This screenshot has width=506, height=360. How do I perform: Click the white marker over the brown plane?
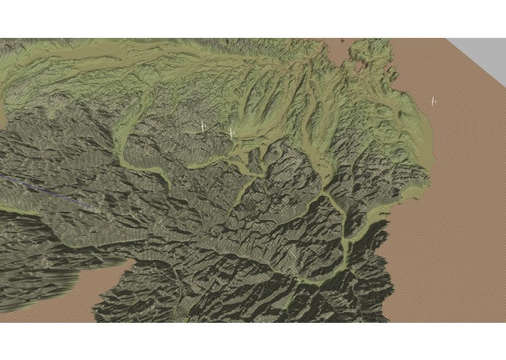432,101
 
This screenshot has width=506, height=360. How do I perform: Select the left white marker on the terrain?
202,126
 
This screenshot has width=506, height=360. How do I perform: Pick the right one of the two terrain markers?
231,131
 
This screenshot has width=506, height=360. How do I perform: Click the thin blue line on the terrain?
44,189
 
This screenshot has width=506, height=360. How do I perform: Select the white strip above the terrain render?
253,18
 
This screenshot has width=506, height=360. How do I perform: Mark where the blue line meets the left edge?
1,176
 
